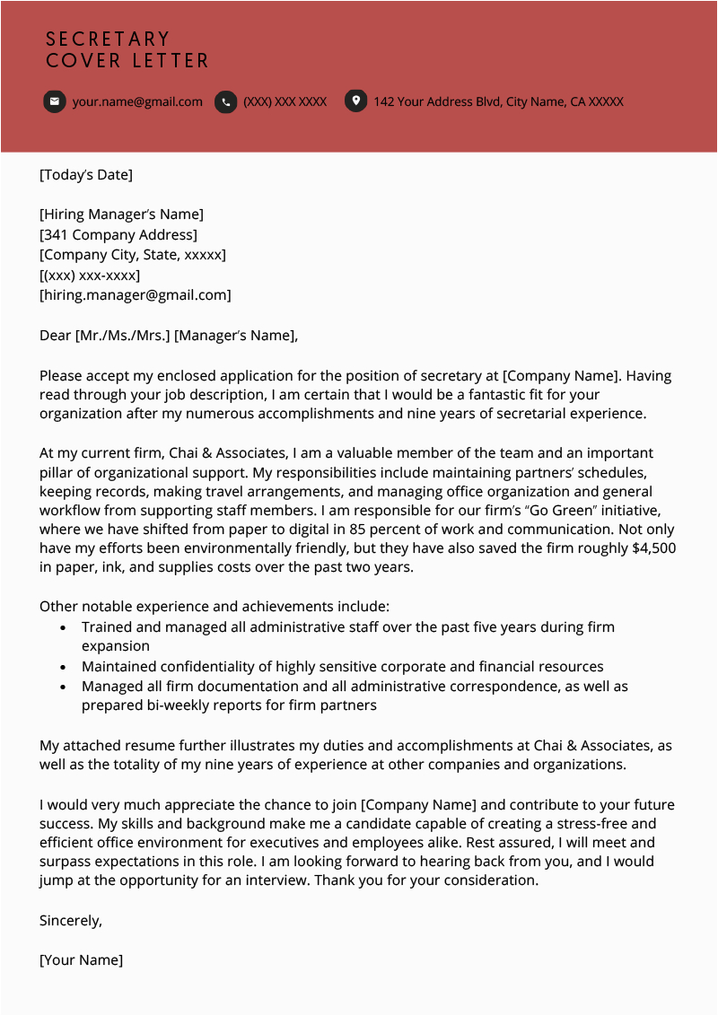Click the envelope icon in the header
point(55,101)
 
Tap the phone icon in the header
point(226,101)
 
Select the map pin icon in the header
point(356,101)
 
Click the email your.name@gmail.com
point(137,101)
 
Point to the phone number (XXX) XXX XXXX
point(285,101)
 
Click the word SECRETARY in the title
point(108,39)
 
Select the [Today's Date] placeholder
point(86,175)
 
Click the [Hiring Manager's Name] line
point(122,215)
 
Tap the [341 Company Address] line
point(118,235)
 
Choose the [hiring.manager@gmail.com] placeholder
point(136,295)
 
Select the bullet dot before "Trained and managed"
point(62,628)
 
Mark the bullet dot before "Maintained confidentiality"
point(62,668)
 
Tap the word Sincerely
point(71,920)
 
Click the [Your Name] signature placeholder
point(82,959)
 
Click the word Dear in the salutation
point(56,336)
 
